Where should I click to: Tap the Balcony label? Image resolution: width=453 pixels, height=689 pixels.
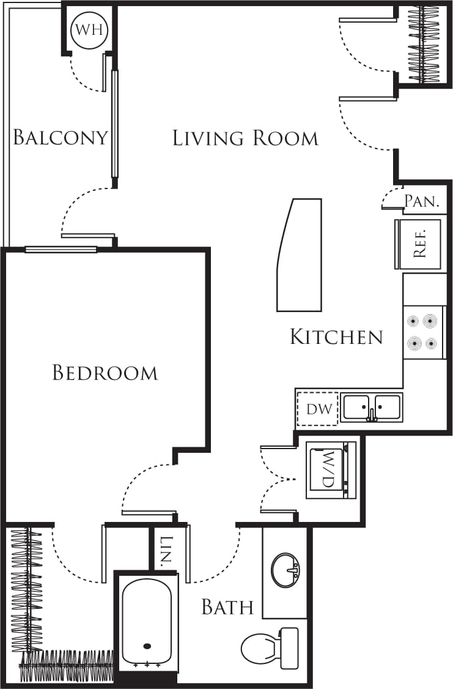click(x=61, y=137)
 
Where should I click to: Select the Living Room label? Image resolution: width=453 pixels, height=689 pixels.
click(x=245, y=138)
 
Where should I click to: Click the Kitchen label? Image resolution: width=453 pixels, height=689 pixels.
click(x=336, y=337)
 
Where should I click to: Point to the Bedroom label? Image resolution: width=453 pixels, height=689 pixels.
click(x=105, y=373)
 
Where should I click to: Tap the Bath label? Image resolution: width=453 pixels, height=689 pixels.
click(x=227, y=607)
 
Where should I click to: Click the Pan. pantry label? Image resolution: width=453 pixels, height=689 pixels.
click(x=422, y=201)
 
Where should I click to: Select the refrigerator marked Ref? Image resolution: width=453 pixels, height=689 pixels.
click(x=419, y=244)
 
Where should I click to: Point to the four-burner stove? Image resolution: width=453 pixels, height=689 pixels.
click(x=424, y=332)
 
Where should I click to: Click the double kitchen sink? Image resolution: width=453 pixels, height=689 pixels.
click(x=371, y=408)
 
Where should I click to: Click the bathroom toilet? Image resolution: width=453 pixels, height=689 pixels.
click(x=270, y=647)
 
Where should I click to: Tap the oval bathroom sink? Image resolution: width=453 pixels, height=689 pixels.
click(x=285, y=570)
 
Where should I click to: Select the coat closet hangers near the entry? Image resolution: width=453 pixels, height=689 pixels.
click(x=424, y=44)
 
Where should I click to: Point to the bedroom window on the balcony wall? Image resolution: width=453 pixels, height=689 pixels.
click(x=61, y=249)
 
